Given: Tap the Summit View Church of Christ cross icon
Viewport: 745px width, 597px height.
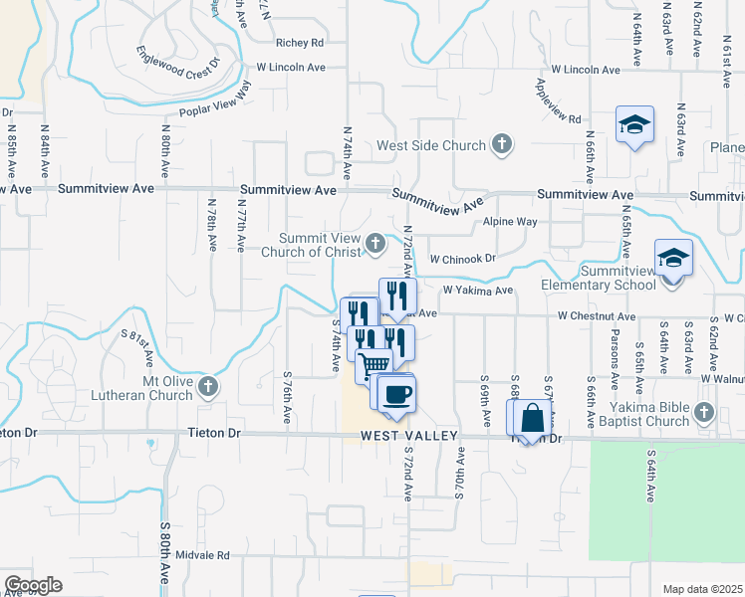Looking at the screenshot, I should pos(375,242).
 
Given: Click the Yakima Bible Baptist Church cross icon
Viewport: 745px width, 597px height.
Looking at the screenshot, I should pos(704,411).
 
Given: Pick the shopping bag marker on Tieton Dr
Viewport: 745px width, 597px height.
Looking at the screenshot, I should pos(531,418).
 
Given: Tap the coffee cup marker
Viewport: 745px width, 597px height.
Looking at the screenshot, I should pos(397,394).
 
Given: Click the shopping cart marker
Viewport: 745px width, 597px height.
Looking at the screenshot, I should pos(373,365).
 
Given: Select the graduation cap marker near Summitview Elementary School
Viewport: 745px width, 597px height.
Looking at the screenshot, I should pos(673,259).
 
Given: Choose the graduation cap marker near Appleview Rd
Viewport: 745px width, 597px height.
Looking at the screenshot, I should pos(634,125).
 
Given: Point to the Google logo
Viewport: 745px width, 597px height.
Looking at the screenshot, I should pos(33,585).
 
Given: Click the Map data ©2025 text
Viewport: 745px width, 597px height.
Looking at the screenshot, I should pos(702,589).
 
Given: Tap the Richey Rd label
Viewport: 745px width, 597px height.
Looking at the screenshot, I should pos(300,43).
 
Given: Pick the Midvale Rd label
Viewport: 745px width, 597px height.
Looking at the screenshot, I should pos(202,555).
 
